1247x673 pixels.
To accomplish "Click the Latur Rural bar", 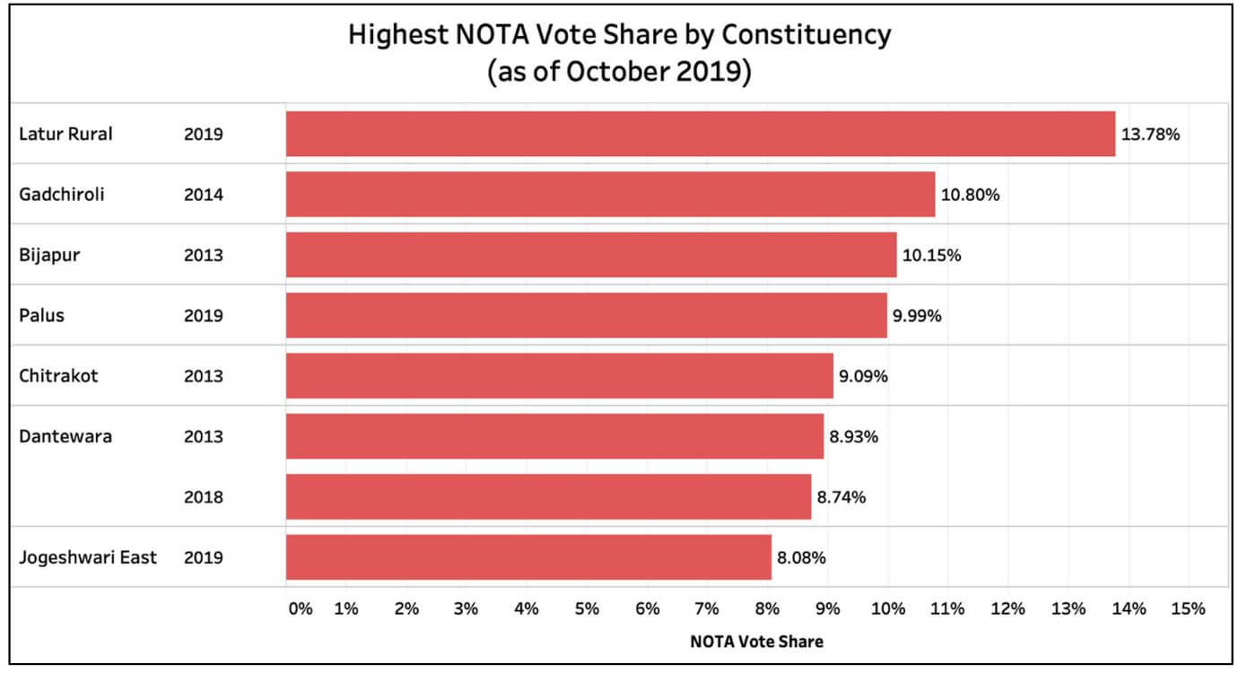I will pyautogui.click(x=700, y=134).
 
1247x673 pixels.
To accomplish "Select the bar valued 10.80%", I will pyautogui.click(x=610, y=194).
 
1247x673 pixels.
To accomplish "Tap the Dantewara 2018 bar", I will pyautogui.click(x=548, y=496).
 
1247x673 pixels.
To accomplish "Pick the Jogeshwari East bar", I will pyautogui.click(x=528, y=557).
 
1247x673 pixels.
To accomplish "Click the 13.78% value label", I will pyautogui.click(x=1151, y=135).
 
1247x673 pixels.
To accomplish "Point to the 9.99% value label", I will pyautogui.click(x=917, y=316).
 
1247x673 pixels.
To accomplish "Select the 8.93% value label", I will pyautogui.click(x=853, y=437).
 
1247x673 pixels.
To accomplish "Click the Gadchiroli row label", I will pyautogui.click(x=62, y=194).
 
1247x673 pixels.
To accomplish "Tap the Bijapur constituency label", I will pyautogui.click(x=49, y=255).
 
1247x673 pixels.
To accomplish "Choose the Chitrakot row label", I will pyautogui.click(x=58, y=376).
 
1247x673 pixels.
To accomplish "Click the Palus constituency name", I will pyautogui.click(x=41, y=316).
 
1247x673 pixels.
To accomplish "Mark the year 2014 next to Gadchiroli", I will pyautogui.click(x=203, y=194).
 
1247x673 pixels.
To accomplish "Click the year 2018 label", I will pyautogui.click(x=203, y=497).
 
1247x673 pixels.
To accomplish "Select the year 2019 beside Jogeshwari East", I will pyautogui.click(x=203, y=557).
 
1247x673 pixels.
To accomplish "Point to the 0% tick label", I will pyautogui.click(x=301, y=609).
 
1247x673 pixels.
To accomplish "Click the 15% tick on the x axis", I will pyautogui.click(x=1188, y=609).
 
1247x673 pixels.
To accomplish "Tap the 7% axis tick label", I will pyautogui.click(x=707, y=609).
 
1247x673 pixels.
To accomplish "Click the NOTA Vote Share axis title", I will pyautogui.click(x=756, y=642).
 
